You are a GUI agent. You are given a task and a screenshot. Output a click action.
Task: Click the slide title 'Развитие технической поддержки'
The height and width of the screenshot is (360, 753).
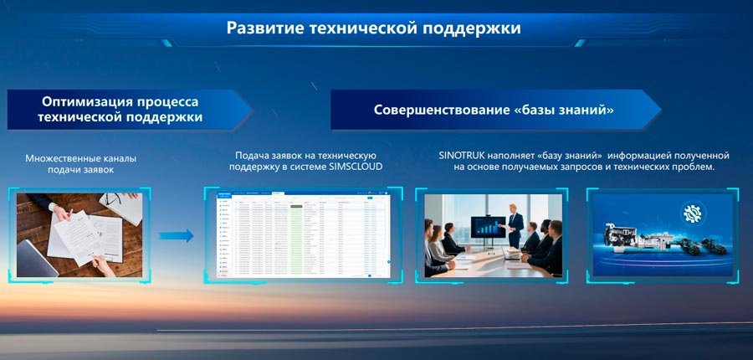pyautogui.click(x=374, y=28)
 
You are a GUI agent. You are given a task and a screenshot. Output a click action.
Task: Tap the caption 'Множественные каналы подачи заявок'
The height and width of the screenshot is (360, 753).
pyautogui.click(x=80, y=164)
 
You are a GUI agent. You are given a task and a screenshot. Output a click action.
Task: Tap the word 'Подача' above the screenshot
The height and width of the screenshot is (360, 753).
pyautogui.click(x=253, y=156)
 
